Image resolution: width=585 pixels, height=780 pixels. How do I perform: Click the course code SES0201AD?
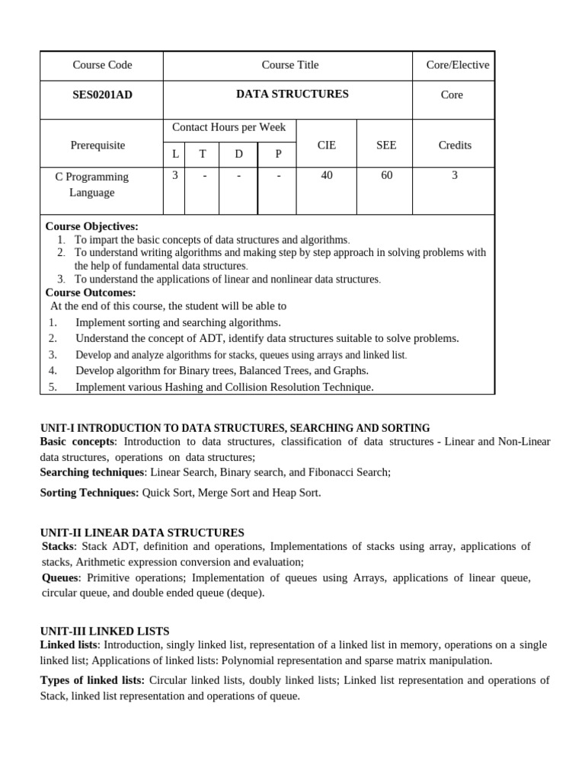pyautogui.click(x=101, y=94)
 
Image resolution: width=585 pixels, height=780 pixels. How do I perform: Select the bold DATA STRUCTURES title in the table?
pyautogui.click(x=292, y=94)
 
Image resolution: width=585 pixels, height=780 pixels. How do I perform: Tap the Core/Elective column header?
pyautogui.click(x=457, y=65)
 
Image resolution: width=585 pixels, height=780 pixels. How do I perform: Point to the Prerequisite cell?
pyautogui.click(x=97, y=145)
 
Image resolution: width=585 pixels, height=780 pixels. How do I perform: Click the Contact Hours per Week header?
pyautogui.click(x=229, y=127)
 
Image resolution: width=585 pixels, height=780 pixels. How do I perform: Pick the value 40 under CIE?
pyautogui.click(x=327, y=175)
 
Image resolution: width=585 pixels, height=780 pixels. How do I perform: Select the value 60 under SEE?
pyautogui.click(x=386, y=175)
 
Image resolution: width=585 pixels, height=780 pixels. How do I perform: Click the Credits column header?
pyautogui.click(x=455, y=145)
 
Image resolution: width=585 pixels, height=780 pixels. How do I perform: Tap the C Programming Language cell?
pyautogui.click(x=91, y=184)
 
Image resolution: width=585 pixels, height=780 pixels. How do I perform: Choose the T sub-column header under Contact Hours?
pyautogui.click(x=203, y=154)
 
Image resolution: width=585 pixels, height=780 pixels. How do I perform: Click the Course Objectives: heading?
pyautogui.click(x=91, y=226)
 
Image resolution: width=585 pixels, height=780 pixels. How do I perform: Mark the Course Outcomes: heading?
pyautogui.click(x=91, y=292)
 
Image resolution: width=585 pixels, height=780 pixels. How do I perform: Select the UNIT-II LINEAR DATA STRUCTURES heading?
pyautogui.click(x=142, y=532)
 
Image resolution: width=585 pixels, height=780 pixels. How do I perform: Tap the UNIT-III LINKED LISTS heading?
pyautogui.click(x=104, y=631)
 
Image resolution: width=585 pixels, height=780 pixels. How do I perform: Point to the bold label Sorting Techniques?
pyautogui.click(x=89, y=493)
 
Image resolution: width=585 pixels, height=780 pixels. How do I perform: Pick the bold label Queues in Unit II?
pyautogui.click(x=59, y=578)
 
